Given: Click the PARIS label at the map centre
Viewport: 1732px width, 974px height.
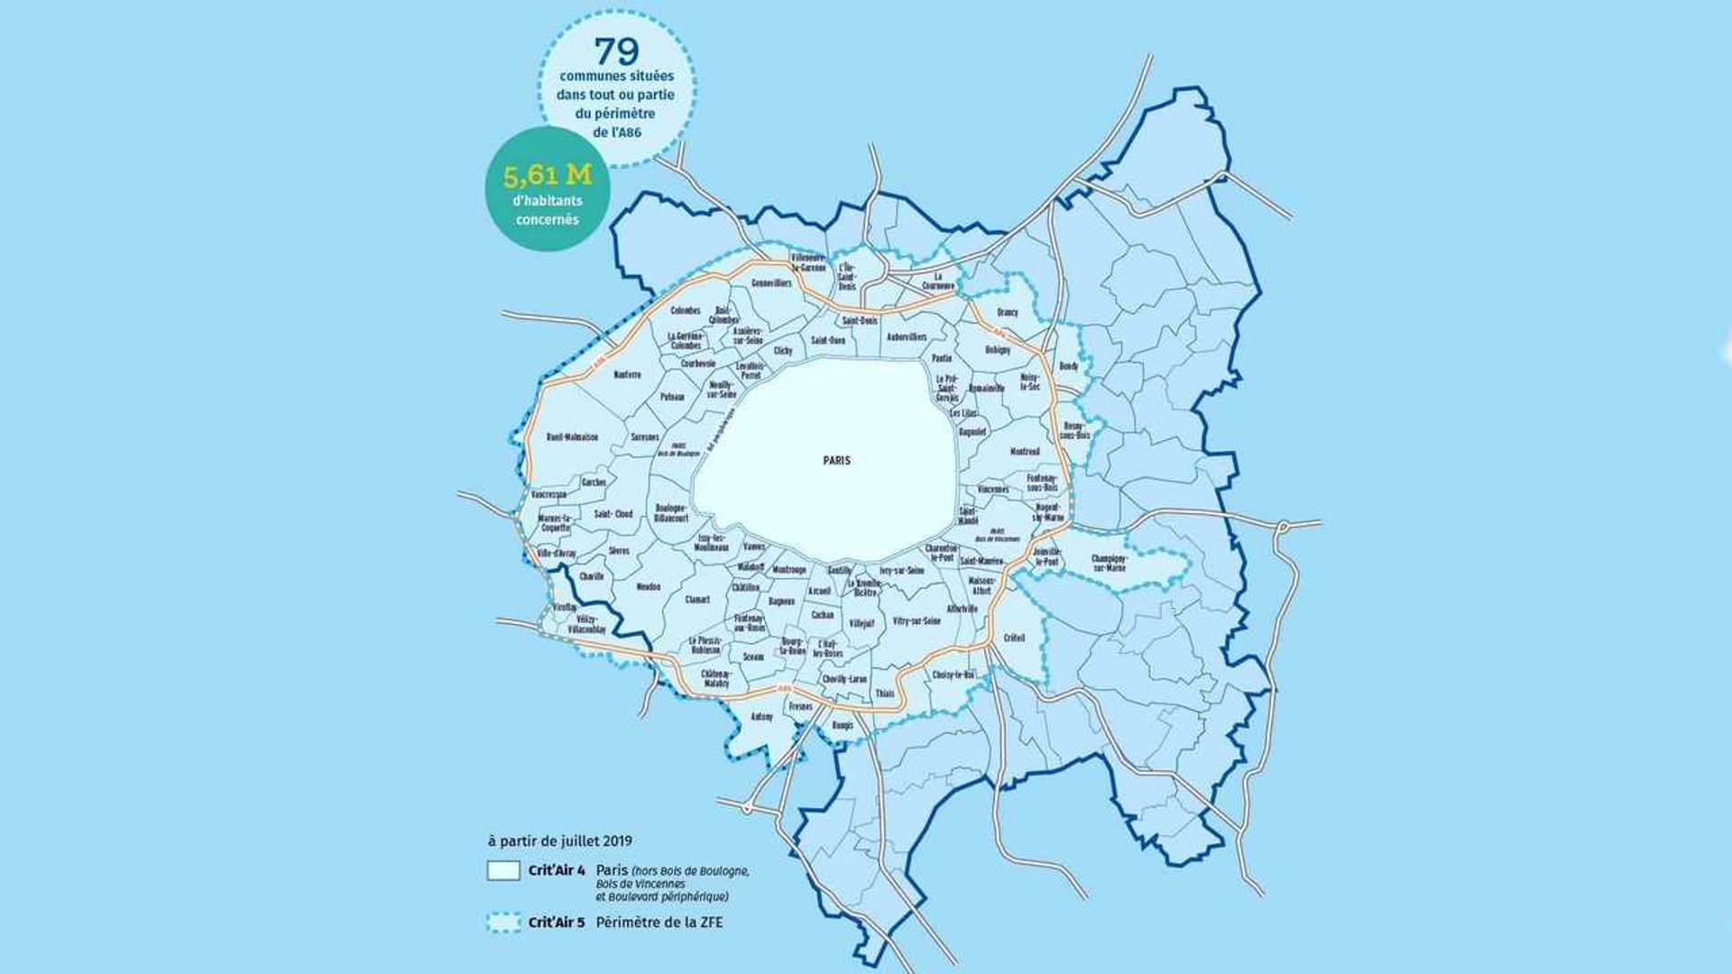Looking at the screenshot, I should (x=836, y=460).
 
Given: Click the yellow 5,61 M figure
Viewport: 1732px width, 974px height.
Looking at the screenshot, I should (x=548, y=175).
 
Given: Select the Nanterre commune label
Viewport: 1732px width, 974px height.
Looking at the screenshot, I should (x=627, y=374).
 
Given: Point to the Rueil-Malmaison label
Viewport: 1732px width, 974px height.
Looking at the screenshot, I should (x=572, y=437).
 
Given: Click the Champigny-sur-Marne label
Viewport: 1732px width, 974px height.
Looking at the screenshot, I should (x=1109, y=564).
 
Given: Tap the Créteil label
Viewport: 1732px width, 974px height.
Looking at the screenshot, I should (x=1014, y=638).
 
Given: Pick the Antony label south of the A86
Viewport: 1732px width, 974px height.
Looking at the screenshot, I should (x=762, y=717).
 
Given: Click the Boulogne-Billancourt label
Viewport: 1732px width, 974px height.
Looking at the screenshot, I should (x=671, y=513).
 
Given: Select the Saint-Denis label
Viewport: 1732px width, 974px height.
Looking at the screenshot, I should (x=860, y=320).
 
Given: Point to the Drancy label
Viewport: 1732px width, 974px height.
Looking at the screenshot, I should (x=1008, y=312).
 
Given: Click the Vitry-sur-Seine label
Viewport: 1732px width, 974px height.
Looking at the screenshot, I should (x=917, y=620).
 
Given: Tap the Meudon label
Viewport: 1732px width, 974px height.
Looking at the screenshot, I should (x=649, y=586).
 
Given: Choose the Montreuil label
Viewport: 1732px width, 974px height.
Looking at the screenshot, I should (x=1025, y=451).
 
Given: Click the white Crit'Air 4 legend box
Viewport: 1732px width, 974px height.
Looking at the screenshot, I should (x=503, y=870).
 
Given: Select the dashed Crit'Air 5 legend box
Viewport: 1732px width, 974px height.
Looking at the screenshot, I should (x=503, y=923).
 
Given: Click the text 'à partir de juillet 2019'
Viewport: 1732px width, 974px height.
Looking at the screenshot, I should (x=560, y=841).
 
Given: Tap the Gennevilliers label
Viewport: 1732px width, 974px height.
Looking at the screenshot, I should (x=771, y=283).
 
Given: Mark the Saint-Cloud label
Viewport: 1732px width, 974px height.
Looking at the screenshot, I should (x=613, y=514).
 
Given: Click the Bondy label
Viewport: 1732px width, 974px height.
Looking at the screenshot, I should (x=1069, y=366).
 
